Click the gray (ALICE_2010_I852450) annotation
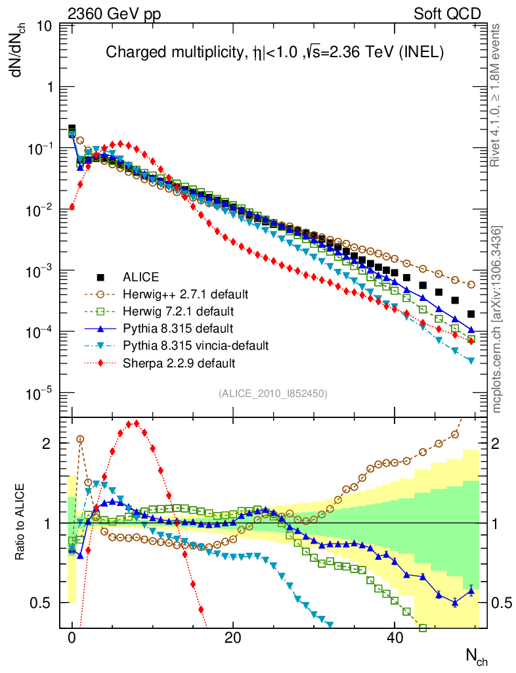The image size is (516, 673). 273,393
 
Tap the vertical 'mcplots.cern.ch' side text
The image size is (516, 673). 497,320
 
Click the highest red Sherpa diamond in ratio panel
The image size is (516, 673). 136,423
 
